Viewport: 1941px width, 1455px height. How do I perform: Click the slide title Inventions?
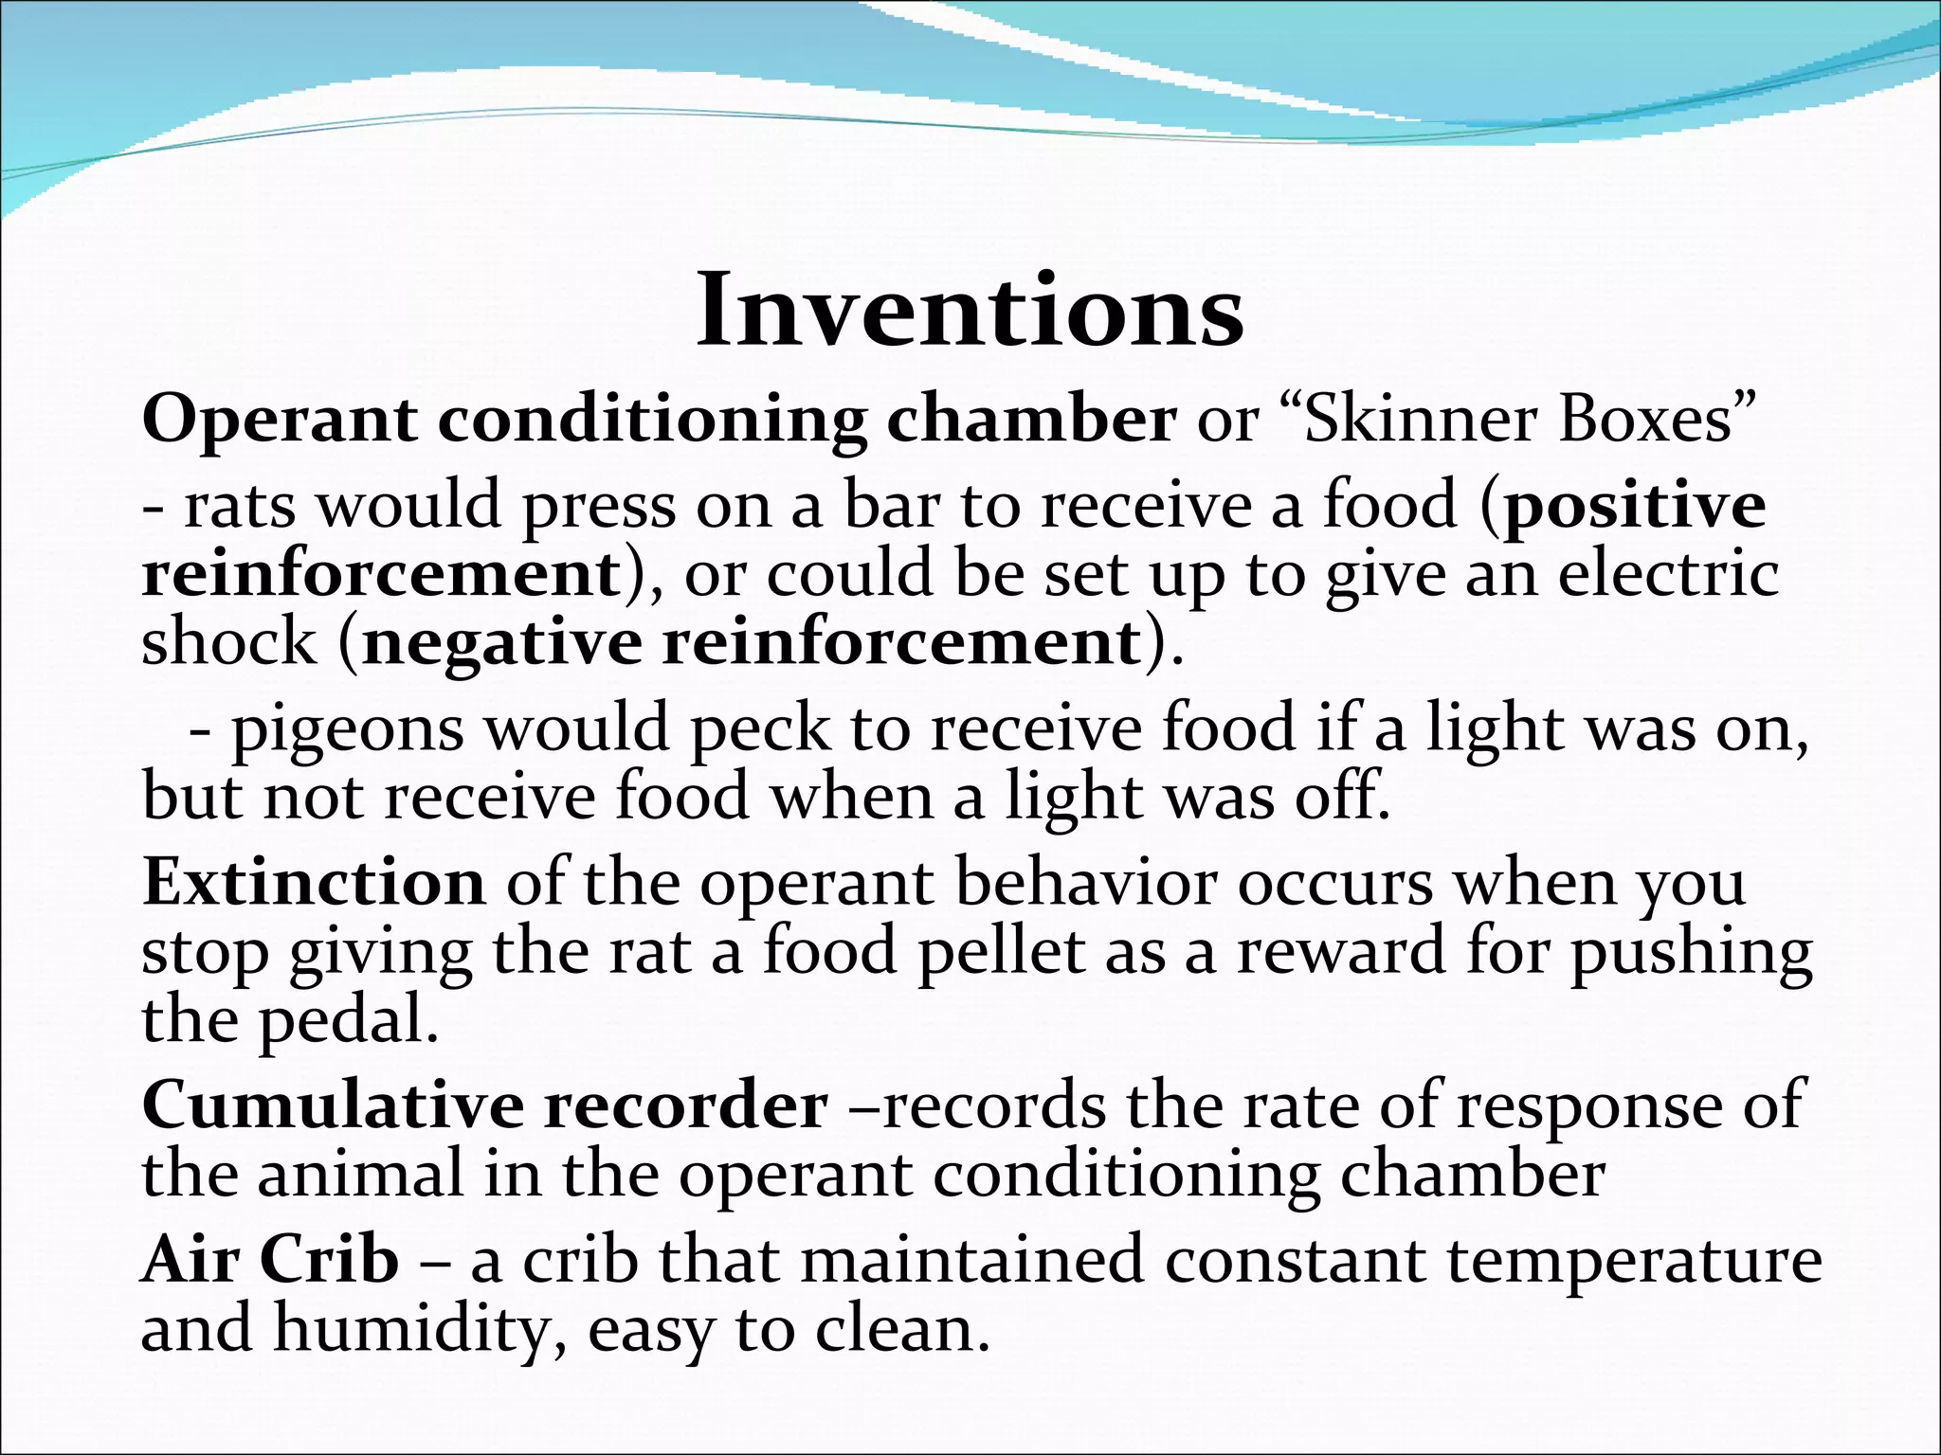pyautogui.click(x=970, y=311)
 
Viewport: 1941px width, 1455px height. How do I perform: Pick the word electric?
pyautogui.click(x=1668, y=574)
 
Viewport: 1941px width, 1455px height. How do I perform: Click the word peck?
pyautogui.click(x=759, y=729)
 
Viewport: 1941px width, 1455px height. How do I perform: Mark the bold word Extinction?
pyautogui.click(x=314, y=882)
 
